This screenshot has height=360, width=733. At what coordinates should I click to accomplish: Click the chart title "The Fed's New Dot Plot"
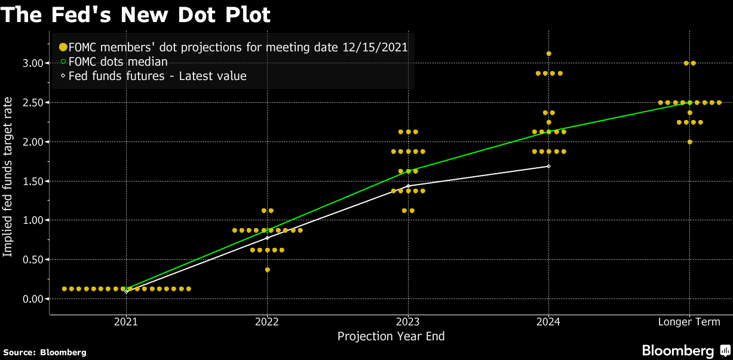pos(136,15)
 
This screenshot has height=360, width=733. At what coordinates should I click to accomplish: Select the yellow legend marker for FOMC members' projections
pos(63,47)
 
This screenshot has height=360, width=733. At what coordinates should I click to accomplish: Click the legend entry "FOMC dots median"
pos(118,61)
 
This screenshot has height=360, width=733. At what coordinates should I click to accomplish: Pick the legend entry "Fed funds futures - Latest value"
pos(157,76)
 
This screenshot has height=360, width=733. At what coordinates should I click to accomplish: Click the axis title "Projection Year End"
pos(391,336)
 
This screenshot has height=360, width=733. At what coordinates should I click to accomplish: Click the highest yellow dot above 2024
pos(549,54)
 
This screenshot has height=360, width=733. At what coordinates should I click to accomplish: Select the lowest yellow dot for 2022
pos(267,270)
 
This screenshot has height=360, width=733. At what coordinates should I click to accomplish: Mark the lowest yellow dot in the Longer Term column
pos(690,142)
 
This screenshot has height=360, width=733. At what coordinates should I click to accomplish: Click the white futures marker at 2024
pos(548,166)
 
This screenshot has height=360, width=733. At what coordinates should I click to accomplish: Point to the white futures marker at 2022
pos(267,238)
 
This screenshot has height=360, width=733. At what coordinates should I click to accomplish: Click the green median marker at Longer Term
pos(690,103)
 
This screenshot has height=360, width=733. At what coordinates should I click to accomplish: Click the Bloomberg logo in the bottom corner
pos(685,350)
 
